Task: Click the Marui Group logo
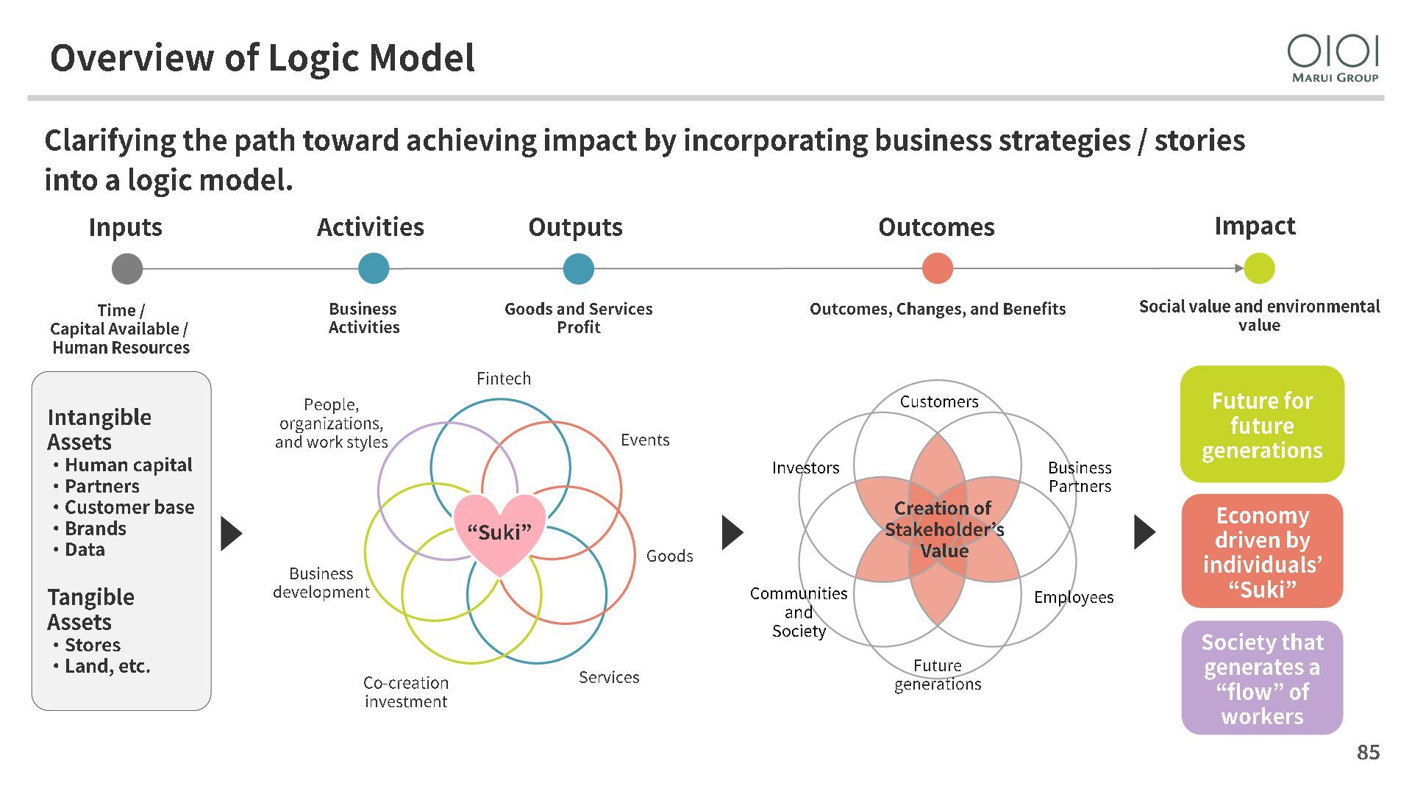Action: coord(1333,58)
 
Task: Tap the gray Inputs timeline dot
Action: coord(127,268)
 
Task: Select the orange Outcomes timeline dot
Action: coord(937,268)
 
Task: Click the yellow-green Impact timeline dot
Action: coord(1259,268)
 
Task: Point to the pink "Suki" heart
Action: coord(500,532)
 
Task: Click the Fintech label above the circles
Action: coord(504,379)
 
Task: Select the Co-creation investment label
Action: coord(406,692)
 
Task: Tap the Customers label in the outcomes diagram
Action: coord(939,402)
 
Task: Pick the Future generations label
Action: coord(938,675)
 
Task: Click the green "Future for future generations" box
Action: coord(1262,425)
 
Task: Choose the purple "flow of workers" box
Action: coord(1262,679)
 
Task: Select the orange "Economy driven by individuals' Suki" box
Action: coord(1262,551)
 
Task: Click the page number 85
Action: coord(1368,752)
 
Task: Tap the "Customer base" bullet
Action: coord(129,507)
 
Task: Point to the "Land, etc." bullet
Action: coord(107,666)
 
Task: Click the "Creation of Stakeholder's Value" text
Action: coord(944,529)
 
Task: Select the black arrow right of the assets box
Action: coord(231,533)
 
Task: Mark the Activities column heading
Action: coord(371,227)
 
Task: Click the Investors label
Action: coord(805,468)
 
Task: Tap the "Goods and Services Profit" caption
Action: coord(579,318)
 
